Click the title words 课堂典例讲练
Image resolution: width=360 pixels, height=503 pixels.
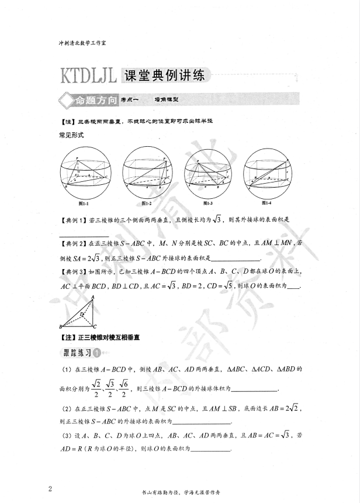[x=166, y=76]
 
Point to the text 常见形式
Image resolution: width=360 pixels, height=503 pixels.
[x=72, y=135]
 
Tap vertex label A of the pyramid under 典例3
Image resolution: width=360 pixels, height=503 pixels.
[x=93, y=297]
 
